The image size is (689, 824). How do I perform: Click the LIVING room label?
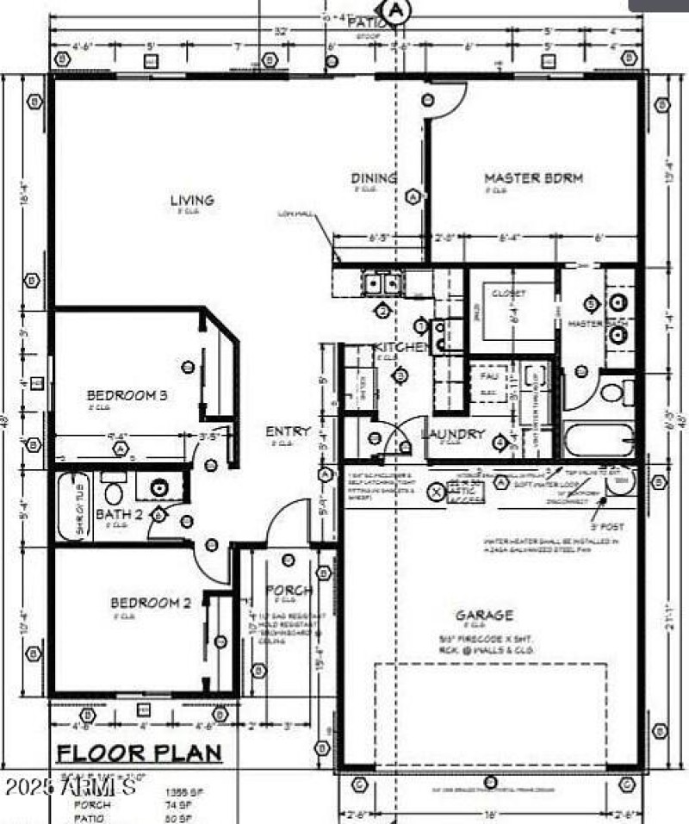(191, 201)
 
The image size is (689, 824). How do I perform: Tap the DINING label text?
(374, 178)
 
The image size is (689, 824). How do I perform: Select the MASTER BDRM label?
(533, 178)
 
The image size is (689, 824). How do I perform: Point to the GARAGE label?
(484, 615)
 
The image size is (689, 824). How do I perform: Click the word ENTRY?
(282, 431)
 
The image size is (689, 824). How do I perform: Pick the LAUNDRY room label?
(453, 434)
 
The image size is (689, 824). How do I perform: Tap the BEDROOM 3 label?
(127, 396)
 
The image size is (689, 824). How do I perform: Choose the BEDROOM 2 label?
(150, 603)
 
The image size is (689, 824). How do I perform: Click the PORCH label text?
(289, 591)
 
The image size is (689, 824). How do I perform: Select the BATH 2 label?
(119, 514)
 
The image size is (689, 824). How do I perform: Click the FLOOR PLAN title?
(139, 753)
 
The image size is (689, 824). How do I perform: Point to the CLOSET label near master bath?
(508, 294)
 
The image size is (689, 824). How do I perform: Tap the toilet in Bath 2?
(114, 493)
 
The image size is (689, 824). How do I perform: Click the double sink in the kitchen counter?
(381, 282)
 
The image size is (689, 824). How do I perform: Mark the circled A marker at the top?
(397, 10)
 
